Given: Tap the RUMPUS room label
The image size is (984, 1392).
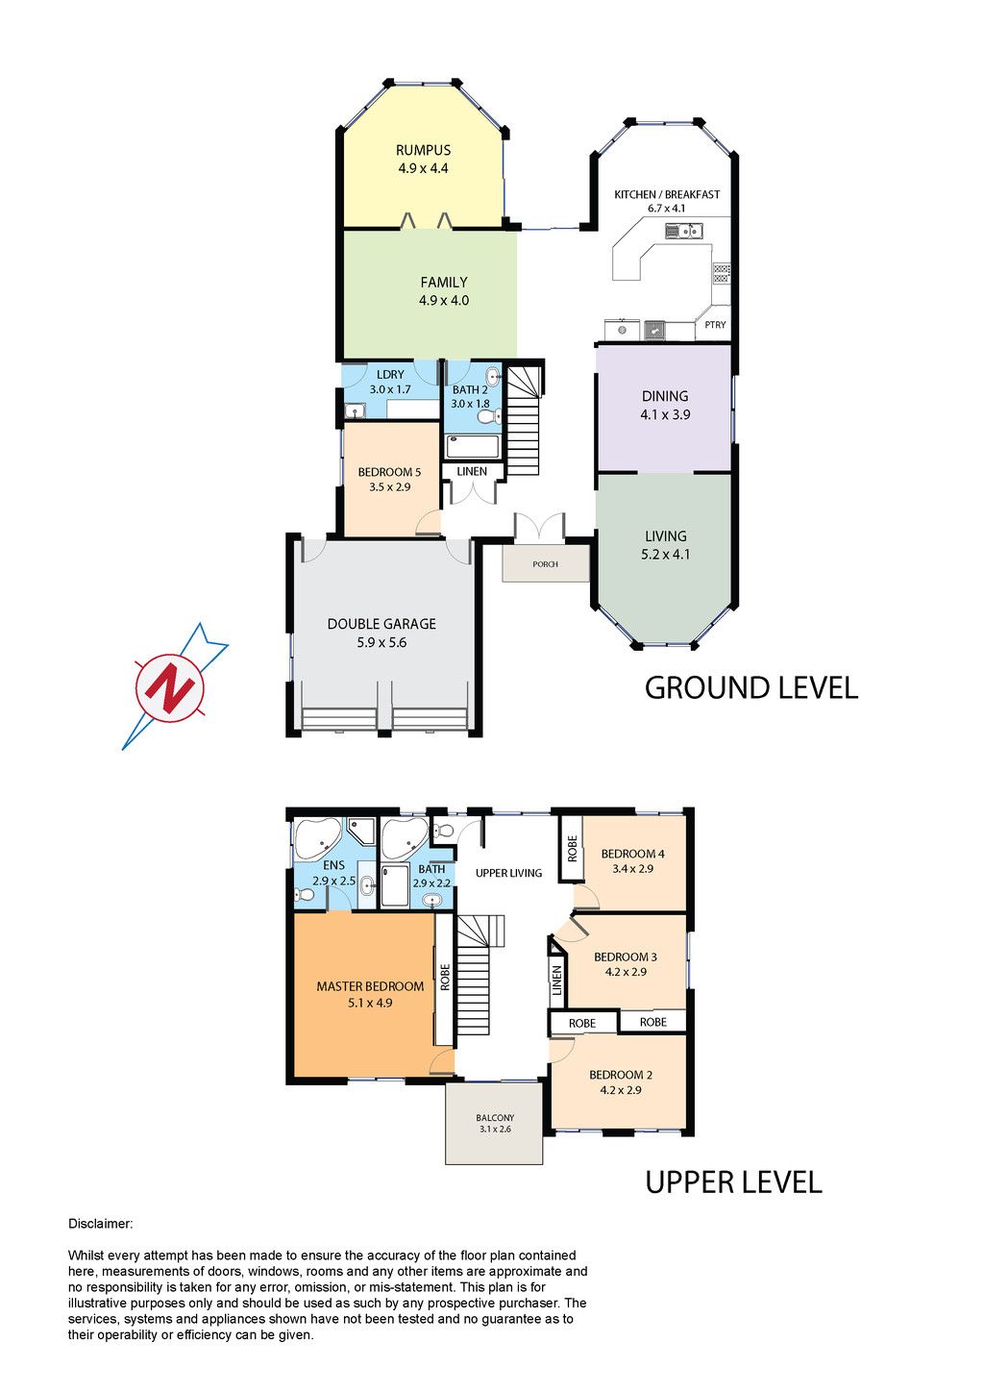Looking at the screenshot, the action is click(x=423, y=150).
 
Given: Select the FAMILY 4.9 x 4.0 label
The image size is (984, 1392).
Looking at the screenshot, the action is click(x=444, y=291).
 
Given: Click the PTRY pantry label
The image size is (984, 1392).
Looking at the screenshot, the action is click(x=715, y=324).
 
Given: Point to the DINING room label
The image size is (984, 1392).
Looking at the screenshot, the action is click(x=665, y=396).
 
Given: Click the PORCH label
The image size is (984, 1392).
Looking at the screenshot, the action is click(x=545, y=564).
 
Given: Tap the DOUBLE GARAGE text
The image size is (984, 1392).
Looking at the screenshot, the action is click(x=381, y=624).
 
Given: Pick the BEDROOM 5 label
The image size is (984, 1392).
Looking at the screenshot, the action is click(x=389, y=472).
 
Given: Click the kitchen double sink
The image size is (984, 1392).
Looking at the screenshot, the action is click(x=683, y=231).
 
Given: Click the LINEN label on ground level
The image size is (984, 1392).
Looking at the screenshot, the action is click(x=472, y=472).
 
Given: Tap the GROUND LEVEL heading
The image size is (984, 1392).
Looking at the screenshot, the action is click(x=751, y=688).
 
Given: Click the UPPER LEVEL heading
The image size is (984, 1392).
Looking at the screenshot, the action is click(x=733, y=1182).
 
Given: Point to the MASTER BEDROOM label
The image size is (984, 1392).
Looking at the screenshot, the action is click(x=370, y=986).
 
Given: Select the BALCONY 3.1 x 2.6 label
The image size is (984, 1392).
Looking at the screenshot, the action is click(x=495, y=1123).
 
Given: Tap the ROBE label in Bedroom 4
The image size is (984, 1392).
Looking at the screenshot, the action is click(x=572, y=848).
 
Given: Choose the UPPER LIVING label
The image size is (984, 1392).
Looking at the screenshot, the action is click(x=508, y=873).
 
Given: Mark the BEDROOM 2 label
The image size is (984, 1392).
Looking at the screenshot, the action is click(x=621, y=1075).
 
